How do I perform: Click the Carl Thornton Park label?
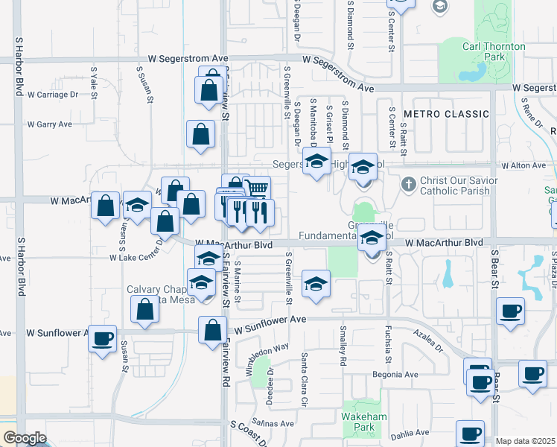point(494,51)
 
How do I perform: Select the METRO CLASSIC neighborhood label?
point(446,114)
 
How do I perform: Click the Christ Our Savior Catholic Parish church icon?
point(408,183)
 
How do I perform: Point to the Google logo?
point(25,438)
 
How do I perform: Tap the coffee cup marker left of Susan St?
point(103,338)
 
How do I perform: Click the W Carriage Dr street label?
point(53,95)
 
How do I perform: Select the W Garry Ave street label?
point(49,124)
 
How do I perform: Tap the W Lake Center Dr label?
point(136,257)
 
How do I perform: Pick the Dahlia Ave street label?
point(411,432)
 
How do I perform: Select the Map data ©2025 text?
point(526,441)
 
